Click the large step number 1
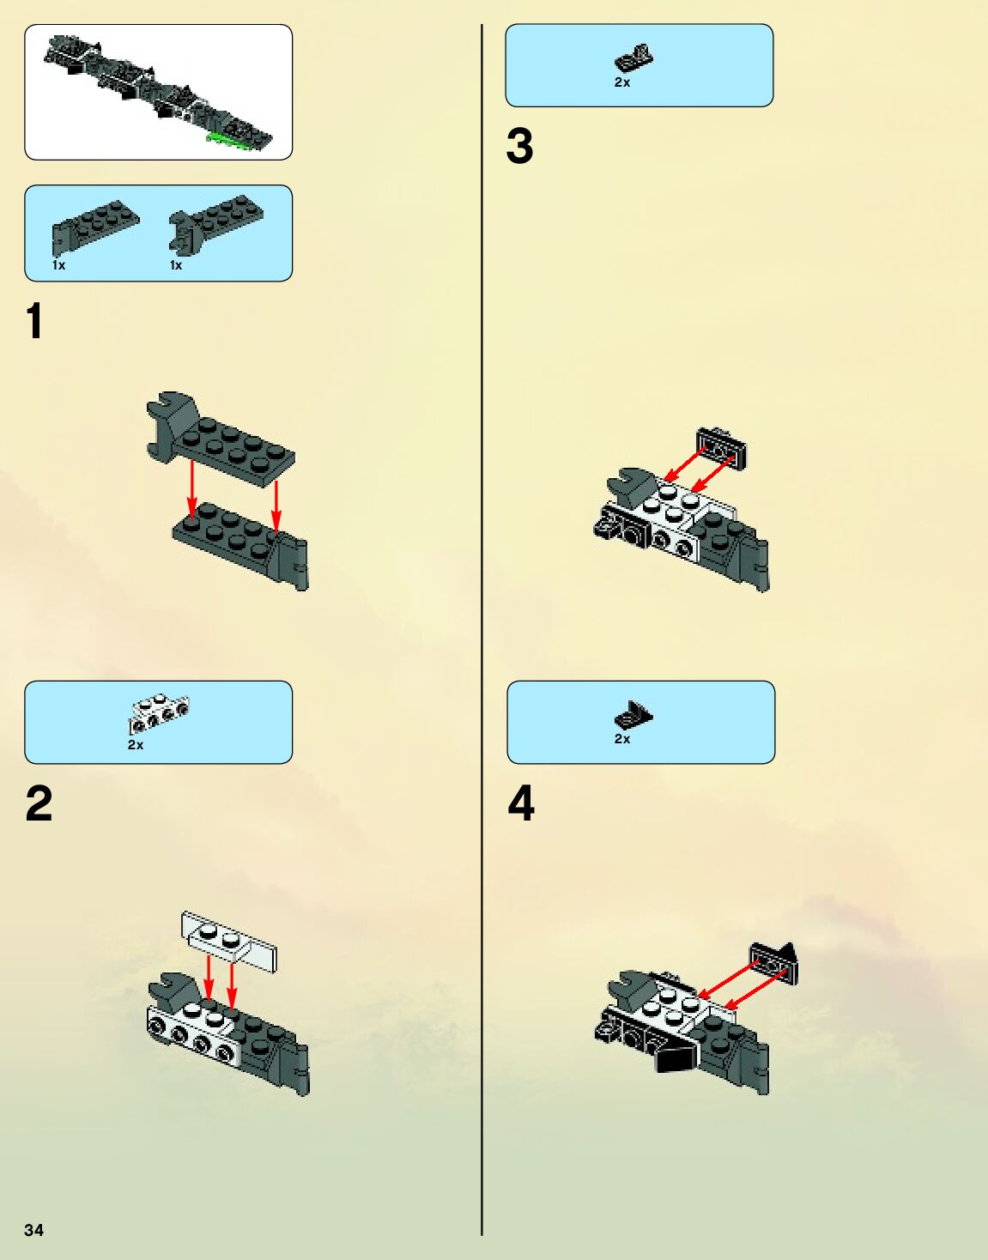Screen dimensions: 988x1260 pyautogui.click(x=35, y=320)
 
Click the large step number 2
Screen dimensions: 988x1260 pyautogui.click(x=39, y=803)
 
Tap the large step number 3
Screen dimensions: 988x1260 pyautogui.click(x=519, y=146)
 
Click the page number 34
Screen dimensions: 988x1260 pyautogui.click(x=33, y=1230)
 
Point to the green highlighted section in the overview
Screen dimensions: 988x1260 pyautogui.click(x=229, y=139)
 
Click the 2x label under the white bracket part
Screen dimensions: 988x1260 pyautogui.click(x=136, y=745)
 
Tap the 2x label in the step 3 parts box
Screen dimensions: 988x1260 pyautogui.click(x=622, y=82)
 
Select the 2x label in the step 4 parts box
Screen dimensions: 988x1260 pyautogui.click(x=622, y=739)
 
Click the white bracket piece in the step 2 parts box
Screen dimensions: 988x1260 pyautogui.click(x=158, y=714)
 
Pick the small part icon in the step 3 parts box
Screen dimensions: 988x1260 pyautogui.click(x=633, y=58)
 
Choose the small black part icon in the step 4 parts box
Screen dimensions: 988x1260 pyautogui.click(x=633, y=714)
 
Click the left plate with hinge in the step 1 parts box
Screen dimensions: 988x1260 pyautogui.click(x=95, y=227)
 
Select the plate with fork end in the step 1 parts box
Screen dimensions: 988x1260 pyautogui.click(x=215, y=222)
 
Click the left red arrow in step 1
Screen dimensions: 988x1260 pyautogui.click(x=191, y=489)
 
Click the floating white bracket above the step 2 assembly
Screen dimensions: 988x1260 pyautogui.click(x=229, y=942)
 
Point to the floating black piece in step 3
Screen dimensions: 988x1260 pyautogui.click(x=721, y=448)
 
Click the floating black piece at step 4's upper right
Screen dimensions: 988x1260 pyautogui.click(x=774, y=963)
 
